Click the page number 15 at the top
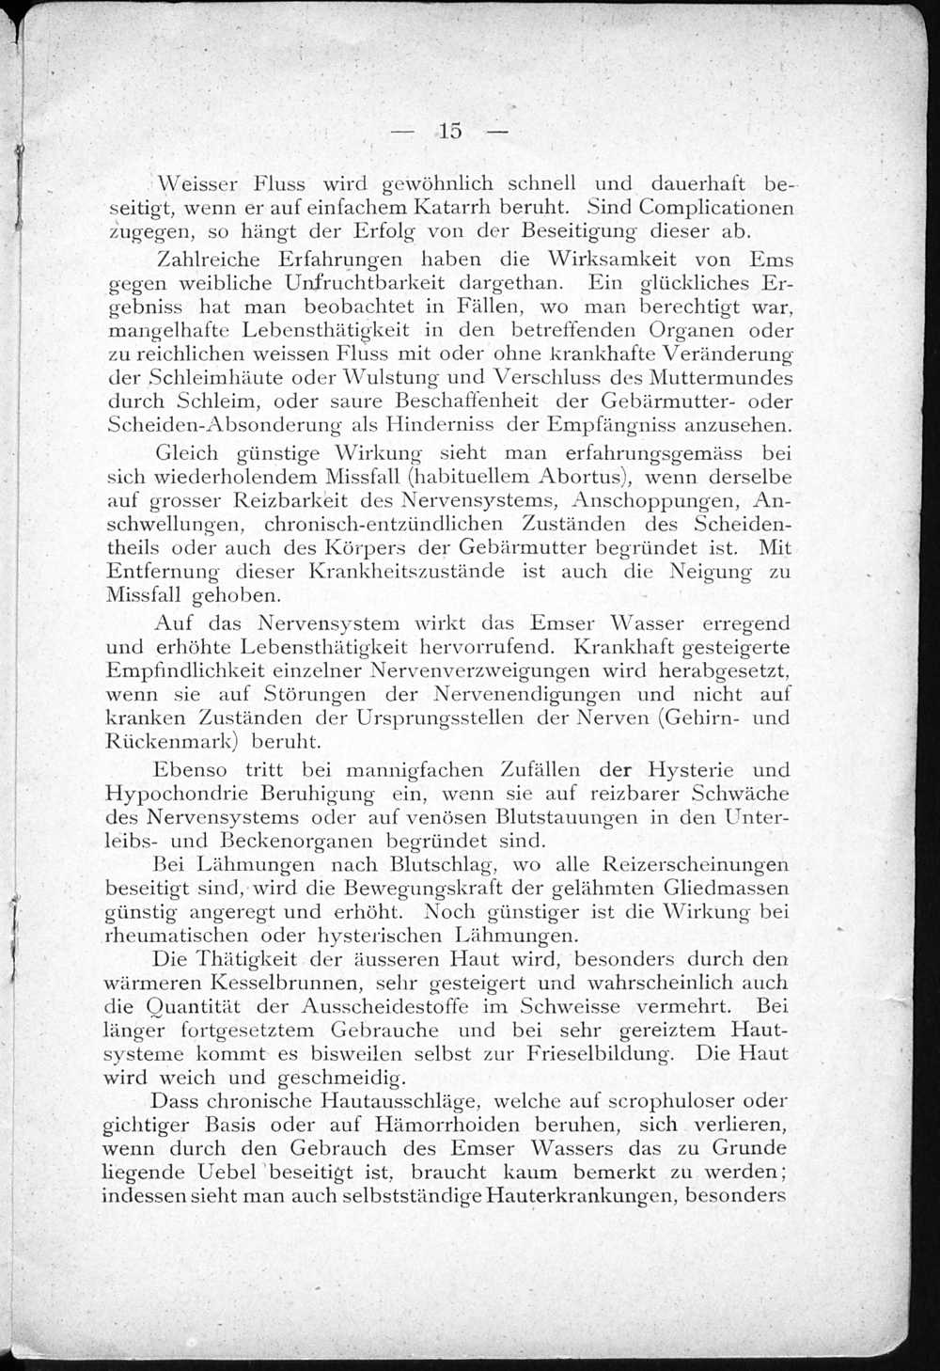(449, 132)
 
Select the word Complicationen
(714, 207)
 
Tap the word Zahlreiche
(211, 259)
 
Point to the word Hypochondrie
(175, 794)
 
